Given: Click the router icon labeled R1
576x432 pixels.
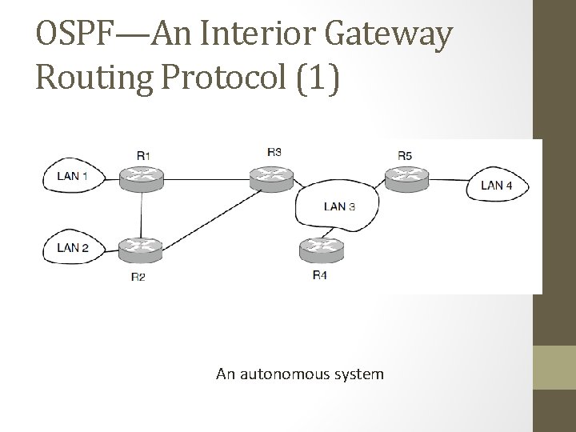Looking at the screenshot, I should pos(142,178).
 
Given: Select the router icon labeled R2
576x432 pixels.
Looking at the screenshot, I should pos(142,250).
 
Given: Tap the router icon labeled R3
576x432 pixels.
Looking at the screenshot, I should pos(274,178).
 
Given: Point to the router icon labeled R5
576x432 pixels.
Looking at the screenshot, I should pos(406,178).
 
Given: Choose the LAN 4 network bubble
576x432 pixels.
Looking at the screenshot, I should pos(500,186).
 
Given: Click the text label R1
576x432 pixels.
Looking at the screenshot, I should pos(142,155).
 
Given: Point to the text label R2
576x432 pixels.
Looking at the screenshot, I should pos(138,277).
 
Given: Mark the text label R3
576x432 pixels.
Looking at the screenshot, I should pos(274,151).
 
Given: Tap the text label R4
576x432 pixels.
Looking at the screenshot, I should pos(319,276).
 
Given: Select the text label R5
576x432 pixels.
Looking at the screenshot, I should pos(405,155).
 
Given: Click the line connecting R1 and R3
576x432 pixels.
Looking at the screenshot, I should pos(208,178).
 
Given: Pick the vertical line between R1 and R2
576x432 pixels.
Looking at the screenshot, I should pos(142,214).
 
